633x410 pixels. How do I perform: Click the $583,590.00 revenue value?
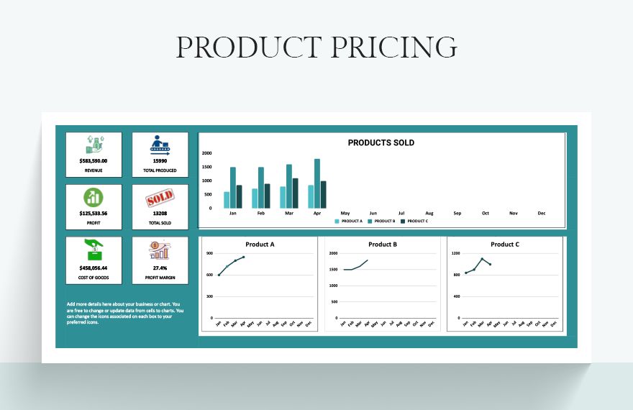point(94,161)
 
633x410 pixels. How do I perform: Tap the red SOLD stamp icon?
point(160,197)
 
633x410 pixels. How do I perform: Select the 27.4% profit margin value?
point(160,268)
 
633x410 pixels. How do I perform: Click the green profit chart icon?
point(94,197)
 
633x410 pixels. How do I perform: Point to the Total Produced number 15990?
point(160,161)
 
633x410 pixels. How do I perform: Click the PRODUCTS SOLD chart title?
point(381,142)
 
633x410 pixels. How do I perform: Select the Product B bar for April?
point(316,183)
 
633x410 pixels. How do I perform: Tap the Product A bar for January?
point(227,200)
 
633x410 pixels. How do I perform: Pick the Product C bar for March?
point(295,193)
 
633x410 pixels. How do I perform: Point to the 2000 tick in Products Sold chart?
point(206,153)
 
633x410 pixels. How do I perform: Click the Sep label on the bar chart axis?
point(457,213)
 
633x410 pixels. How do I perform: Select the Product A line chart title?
point(260,245)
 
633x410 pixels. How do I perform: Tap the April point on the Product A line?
point(244,257)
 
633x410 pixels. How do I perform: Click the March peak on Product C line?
point(482,259)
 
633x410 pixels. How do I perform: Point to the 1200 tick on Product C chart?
point(455,253)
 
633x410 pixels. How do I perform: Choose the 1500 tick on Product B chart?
point(333,270)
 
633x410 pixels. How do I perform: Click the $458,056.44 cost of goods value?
point(94,268)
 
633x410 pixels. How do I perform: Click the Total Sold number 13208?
point(160,214)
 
